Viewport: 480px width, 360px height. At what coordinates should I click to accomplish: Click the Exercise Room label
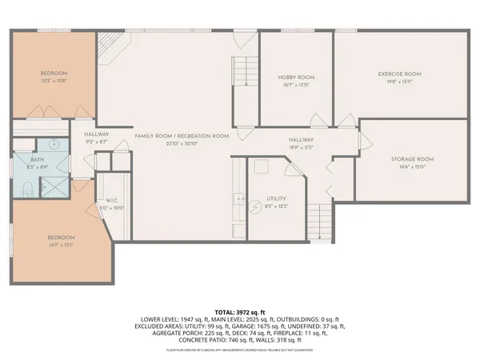click(x=399, y=74)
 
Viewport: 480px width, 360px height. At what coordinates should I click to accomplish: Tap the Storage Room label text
click(x=412, y=159)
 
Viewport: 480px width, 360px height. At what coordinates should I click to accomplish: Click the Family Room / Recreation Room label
click(x=182, y=136)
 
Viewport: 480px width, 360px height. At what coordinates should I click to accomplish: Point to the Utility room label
click(x=277, y=198)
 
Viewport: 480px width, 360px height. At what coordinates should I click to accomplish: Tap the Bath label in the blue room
click(x=26, y=159)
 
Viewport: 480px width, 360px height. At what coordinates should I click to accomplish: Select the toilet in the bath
click(x=25, y=188)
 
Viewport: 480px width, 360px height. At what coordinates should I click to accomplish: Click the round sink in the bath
click(x=52, y=146)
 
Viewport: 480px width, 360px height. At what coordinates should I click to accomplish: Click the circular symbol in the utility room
click(x=254, y=205)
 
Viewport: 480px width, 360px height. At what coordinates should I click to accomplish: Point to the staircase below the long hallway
click(x=319, y=222)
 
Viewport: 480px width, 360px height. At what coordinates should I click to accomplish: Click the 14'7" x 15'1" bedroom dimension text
click(x=62, y=246)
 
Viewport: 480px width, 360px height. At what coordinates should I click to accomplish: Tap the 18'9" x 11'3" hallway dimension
click(x=301, y=147)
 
